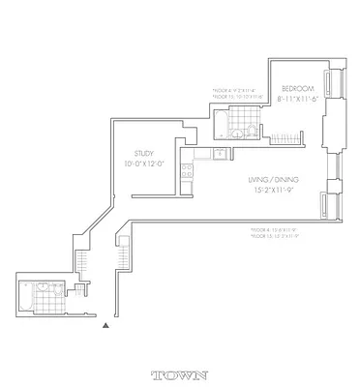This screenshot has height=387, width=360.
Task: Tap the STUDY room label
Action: coord(146,152)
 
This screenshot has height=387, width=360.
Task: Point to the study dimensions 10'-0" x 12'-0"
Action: coord(146,164)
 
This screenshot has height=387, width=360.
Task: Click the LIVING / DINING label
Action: coord(275,179)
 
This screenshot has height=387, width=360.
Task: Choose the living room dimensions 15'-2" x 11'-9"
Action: coord(275,191)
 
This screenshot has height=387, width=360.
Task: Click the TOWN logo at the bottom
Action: coord(180,373)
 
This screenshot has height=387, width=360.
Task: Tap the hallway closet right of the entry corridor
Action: coord(124,256)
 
